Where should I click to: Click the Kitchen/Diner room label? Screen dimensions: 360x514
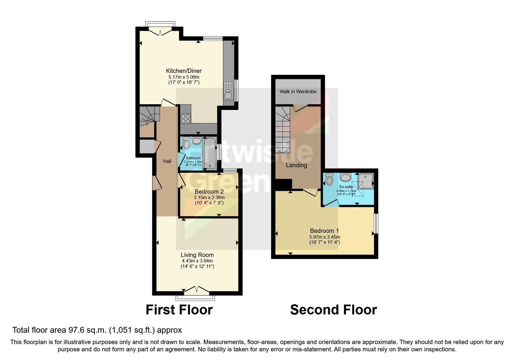(184, 71)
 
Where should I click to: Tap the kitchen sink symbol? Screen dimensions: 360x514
(228, 91)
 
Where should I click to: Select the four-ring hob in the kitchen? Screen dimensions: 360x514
(186, 118)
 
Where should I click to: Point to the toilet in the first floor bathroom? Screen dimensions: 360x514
(186, 143)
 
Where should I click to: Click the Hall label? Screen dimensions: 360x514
(167, 161)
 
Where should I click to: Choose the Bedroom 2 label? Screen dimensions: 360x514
(209, 192)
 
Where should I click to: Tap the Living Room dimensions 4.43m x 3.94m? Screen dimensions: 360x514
(197, 261)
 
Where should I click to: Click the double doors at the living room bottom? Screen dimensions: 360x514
(197, 289)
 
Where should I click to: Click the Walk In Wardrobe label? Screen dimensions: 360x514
(298, 91)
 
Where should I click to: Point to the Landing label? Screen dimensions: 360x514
(296, 165)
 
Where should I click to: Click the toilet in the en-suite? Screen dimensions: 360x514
(329, 179)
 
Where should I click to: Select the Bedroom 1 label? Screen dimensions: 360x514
(324, 231)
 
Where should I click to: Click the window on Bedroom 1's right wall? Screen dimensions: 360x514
(376, 223)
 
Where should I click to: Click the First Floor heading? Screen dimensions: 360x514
(179, 309)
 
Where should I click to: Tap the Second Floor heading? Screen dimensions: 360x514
(333, 309)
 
